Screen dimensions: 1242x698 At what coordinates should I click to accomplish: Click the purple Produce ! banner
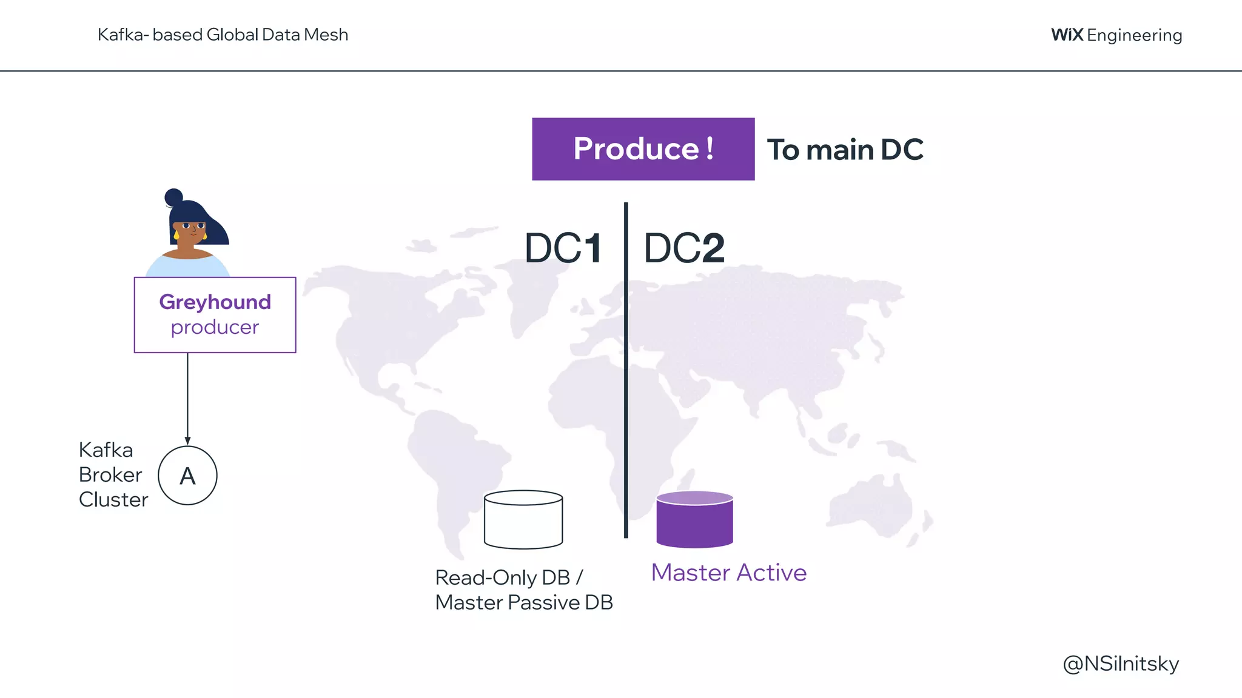tap(643, 149)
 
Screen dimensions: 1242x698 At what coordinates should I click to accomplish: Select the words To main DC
tap(845, 150)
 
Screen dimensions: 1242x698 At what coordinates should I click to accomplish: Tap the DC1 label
tap(563, 248)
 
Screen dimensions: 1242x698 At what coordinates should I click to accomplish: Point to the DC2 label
tap(684, 248)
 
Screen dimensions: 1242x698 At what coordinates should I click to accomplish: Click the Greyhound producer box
tap(215, 314)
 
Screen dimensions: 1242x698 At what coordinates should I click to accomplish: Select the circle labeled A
tap(187, 476)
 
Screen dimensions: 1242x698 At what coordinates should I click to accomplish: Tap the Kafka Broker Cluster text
tap(113, 475)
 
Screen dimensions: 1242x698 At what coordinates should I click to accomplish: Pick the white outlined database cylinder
tap(523, 520)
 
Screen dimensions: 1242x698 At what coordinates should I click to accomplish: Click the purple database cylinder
tap(694, 520)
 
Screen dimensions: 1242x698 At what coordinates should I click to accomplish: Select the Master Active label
tap(728, 573)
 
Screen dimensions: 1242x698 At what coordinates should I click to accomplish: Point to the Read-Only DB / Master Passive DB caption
tap(524, 590)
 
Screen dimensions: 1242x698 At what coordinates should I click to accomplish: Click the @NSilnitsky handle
tap(1121, 664)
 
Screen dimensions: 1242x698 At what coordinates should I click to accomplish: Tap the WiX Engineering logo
tap(1116, 35)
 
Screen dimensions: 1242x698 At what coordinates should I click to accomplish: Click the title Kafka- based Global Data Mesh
tap(223, 35)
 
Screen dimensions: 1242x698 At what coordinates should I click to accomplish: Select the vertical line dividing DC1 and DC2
tap(626, 370)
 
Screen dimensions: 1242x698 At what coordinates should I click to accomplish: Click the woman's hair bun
tap(173, 197)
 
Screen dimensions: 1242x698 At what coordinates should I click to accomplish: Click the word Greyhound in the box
tap(215, 302)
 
